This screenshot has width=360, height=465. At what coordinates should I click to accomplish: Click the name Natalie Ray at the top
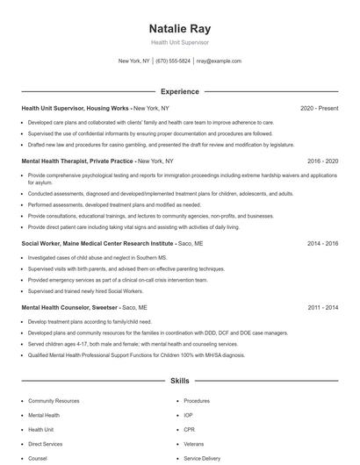[179, 29]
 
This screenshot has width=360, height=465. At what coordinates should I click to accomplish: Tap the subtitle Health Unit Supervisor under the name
[179, 42]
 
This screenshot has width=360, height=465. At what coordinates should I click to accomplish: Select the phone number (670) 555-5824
[173, 61]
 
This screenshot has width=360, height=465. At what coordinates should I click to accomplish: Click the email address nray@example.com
[218, 61]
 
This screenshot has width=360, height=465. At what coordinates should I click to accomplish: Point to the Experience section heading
[179, 91]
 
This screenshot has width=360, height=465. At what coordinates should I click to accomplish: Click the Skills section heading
[179, 382]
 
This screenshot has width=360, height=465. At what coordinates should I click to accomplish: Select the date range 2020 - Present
[319, 108]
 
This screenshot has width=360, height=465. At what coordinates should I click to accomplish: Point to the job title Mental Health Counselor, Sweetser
[70, 308]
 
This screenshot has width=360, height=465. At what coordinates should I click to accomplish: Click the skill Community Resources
[54, 400]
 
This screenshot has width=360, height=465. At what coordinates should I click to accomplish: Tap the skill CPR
[189, 429]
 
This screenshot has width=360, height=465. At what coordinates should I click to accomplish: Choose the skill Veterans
[193, 444]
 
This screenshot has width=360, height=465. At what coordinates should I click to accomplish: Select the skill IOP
[188, 415]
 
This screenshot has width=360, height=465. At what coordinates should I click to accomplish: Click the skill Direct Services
[47, 444]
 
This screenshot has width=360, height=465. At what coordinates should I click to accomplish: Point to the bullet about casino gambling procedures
[148, 144]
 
